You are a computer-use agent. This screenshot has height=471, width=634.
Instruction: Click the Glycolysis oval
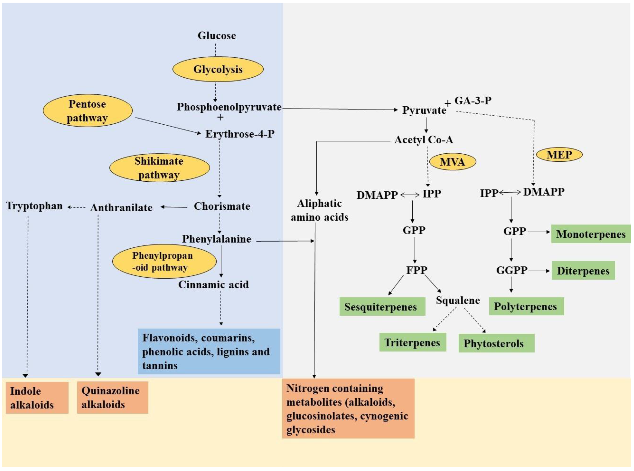tap(218, 69)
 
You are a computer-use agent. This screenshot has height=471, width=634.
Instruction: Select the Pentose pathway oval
tap(87, 111)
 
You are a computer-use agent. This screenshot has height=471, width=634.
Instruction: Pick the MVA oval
tap(452, 162)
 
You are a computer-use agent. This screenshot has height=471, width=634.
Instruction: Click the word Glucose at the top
tap(217, 36)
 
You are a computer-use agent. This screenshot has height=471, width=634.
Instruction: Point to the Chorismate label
tap(222, 206)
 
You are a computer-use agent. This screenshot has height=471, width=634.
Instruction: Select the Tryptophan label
tap(34, 206)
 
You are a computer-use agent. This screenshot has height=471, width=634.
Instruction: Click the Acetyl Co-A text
tap(423, 140)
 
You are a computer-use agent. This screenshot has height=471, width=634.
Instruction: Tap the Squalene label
tap(458, 300)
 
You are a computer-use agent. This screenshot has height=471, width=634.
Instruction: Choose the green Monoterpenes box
tap(590, 234)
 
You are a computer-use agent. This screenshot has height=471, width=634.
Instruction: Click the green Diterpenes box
tap(583, 271)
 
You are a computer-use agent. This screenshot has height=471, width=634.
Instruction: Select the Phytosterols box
tap(496, 343)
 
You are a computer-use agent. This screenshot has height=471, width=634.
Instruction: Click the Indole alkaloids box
tap(37, 398)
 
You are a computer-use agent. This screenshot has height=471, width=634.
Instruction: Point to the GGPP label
tap(512, 270)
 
